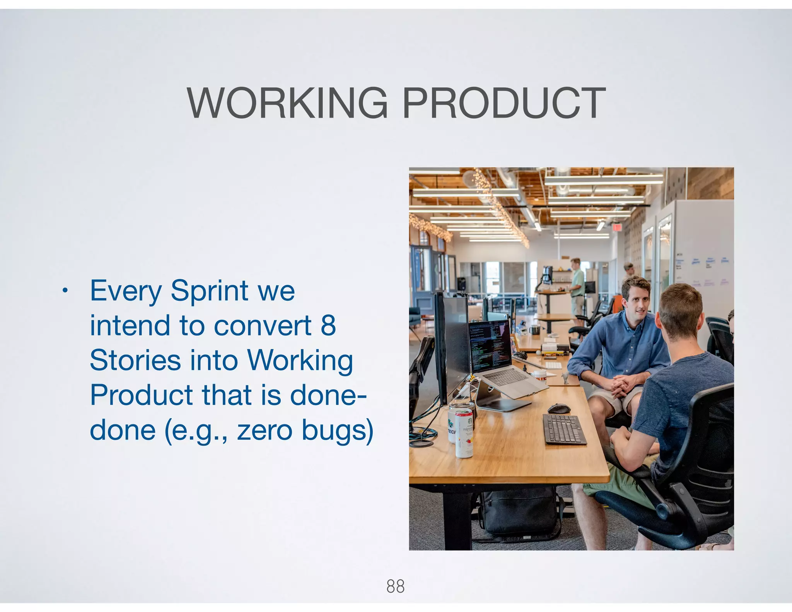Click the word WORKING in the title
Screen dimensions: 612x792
point(287,103)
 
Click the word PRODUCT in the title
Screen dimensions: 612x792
point(504,103)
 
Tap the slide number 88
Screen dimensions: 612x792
point(395,586)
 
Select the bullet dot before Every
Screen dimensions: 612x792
point(65,291)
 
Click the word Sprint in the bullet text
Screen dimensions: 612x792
point(209,291)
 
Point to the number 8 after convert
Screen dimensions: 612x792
point(328,325)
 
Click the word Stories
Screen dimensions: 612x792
point(135,360)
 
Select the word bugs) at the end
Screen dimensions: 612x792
point(337,430)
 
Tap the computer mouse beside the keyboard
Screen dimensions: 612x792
point(559,408)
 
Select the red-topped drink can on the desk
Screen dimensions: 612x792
point(464,433)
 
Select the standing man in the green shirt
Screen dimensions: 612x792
point(577,286)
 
